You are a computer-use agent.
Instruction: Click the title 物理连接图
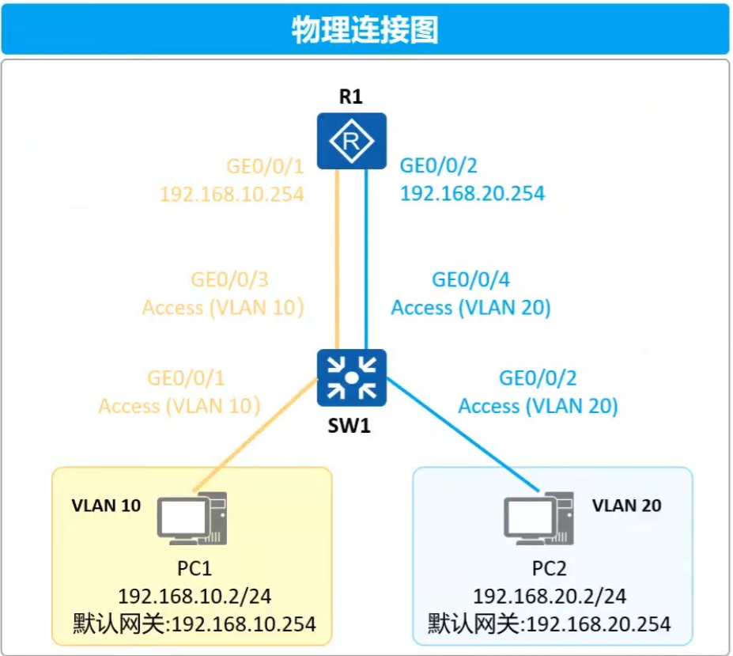point(365,29)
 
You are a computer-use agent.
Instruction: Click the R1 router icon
point(352,141)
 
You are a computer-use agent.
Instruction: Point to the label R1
point(350,97)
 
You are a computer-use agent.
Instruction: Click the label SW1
point(350,427)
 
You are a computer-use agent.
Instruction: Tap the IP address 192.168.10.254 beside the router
point(232,194)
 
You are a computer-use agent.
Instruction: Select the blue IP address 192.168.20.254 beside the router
point(473,193)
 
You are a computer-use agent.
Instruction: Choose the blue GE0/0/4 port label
point(471,280)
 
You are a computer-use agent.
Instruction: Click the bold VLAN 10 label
point(107,504)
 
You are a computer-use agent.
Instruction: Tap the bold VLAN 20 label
point(627,504)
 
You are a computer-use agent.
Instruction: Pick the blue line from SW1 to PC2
point(459,438)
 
